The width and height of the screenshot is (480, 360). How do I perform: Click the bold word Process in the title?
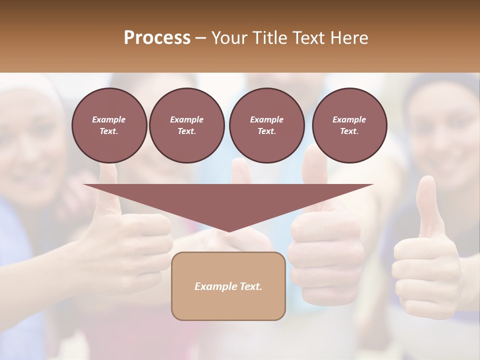tap(157, 38)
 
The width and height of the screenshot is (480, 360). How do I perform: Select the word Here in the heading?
tap(348, 38)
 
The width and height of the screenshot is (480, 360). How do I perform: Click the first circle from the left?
tap(109, 125)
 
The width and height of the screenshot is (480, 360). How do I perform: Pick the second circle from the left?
tap(186, 125)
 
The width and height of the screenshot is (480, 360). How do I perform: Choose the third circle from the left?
tap(266, 125)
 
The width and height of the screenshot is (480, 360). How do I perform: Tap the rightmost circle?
tap(349, 125)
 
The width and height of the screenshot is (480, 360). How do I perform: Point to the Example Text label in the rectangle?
tap(228, 286)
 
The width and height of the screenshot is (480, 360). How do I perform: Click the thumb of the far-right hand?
tap(426, 205)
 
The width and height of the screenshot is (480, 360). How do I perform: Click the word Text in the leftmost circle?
tap(109, 131)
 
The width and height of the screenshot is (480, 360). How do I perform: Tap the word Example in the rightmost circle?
tap(349, 119)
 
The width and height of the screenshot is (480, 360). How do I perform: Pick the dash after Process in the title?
tap(201, 38)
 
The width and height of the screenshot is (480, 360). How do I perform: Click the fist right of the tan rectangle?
tap(325, 255)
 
